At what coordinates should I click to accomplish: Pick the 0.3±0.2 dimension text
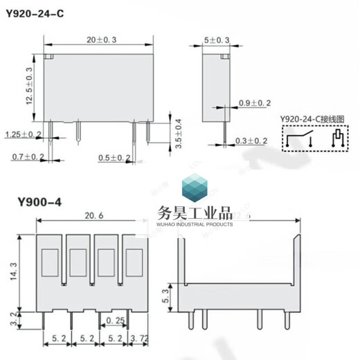251,141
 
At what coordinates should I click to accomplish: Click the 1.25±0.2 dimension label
23,134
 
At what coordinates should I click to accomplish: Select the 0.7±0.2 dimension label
28,158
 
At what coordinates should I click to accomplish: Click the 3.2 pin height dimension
12,320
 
